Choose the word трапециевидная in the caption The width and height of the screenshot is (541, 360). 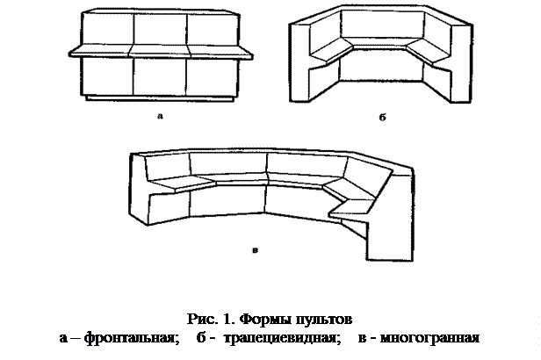pyautogui.click(x=279, y=338)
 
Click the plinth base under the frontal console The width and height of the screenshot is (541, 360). pyautogui.click(x=160, y=99)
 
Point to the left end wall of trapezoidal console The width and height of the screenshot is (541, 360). pyautogui.click(x=298, y=66)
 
